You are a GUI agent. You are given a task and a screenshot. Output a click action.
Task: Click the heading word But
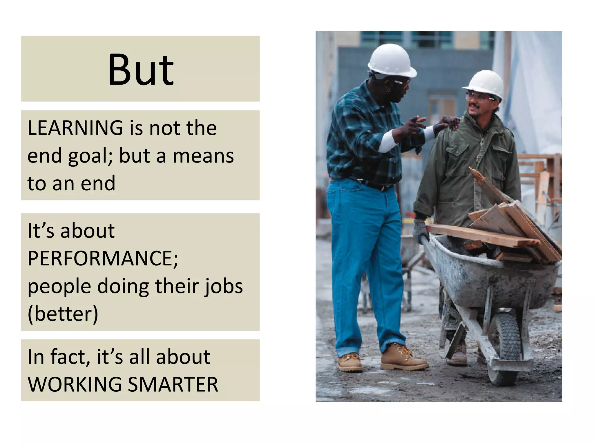[141, 70]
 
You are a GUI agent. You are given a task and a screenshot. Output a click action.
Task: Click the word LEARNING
[75, 128]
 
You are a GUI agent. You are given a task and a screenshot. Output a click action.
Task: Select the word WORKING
[75, 384]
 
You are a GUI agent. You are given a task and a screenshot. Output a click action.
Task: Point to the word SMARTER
[173, 384]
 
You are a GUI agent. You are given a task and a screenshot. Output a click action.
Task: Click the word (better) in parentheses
[63, 314]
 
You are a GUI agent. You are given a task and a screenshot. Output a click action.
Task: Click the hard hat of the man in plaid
[392, 60]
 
